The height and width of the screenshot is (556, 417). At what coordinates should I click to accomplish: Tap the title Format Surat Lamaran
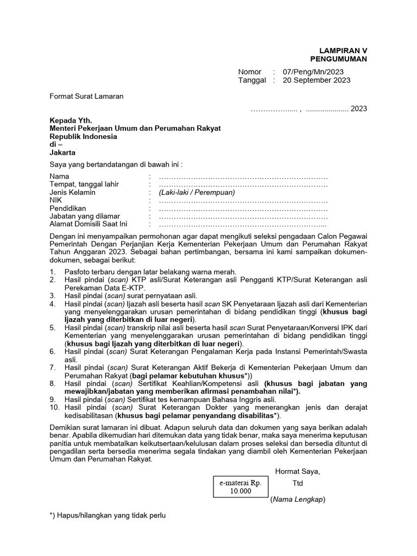coord(87,96)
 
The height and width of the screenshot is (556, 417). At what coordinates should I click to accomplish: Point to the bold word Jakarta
coord(63,153)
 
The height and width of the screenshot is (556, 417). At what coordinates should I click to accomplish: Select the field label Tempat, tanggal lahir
coord(84,185)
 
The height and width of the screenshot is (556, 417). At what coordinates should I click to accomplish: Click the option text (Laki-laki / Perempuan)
coord(197,192)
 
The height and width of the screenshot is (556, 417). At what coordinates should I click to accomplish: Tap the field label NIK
coord(56,200)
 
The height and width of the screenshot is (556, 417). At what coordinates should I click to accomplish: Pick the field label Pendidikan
coord(68,208)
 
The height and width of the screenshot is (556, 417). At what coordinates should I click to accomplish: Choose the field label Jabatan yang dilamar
coord(85,216)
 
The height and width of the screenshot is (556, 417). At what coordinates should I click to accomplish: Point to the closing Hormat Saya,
coord(298,471)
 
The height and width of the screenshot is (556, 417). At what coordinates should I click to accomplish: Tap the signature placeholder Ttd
coord(297,483)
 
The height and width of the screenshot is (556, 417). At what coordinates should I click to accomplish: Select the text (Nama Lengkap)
coord(298,499)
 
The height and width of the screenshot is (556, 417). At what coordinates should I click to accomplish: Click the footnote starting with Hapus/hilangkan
coord(107,515)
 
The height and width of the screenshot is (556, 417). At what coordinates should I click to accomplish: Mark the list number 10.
coord(55,407)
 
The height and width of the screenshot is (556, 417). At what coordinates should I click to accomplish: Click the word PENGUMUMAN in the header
coord(338,59)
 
